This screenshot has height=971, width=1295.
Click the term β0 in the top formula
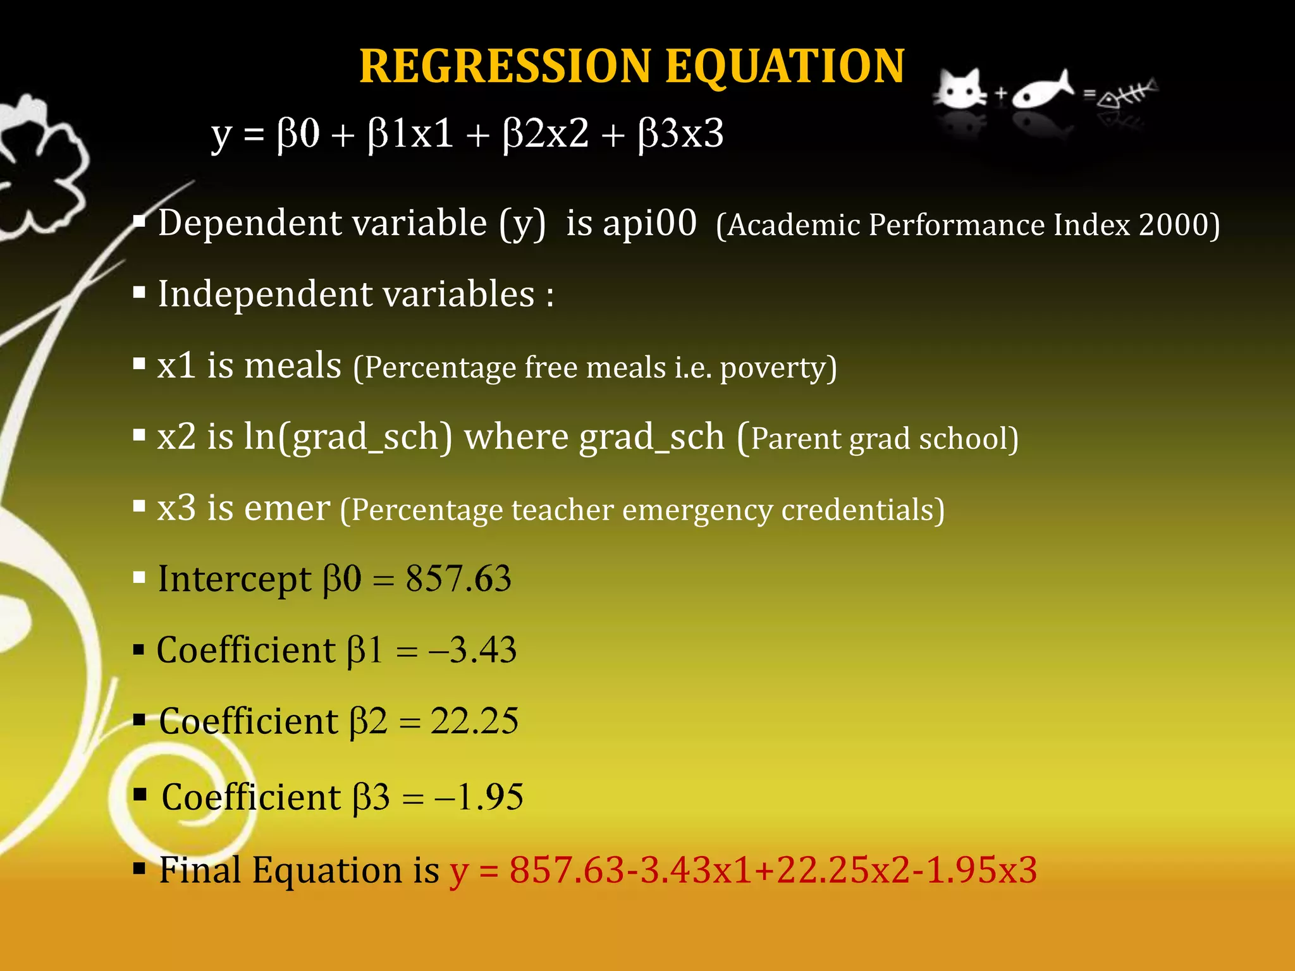(298, 134)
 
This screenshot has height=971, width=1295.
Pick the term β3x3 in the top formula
(680, 134)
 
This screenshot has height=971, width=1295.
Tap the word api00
(649, 223)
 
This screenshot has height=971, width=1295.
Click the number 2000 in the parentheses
(1173, 224)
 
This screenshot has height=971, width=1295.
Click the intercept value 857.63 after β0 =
(458, 578)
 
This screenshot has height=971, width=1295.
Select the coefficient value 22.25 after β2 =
(474, 721)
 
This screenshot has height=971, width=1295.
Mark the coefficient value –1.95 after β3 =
(479, 797)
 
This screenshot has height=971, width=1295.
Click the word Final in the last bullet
(200, 870)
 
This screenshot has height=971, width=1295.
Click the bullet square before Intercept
(140, 578)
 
